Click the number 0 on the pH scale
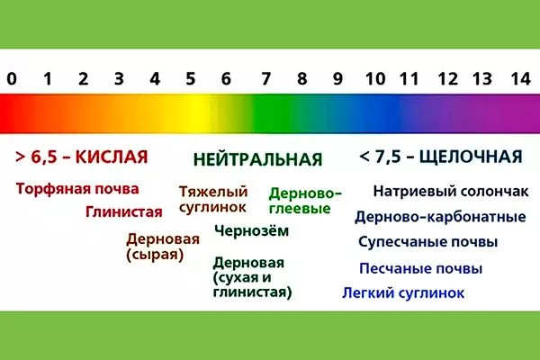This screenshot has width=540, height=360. pyautogui.click(x=11, y=77)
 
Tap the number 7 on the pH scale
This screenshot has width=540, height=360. pyautogui.click(x=264, y=77)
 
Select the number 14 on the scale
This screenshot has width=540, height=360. pyautogui.click(x=517, y=77)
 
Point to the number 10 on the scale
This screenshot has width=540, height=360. pyautogui.click(x=375, y=77)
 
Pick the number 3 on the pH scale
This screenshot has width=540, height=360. pyautogui.click(x=119, y=77)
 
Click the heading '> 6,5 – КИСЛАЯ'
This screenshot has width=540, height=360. pyautogui.click(x=81, y=157)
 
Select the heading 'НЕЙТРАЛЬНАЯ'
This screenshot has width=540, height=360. pyautogui.click(x=257, y=159)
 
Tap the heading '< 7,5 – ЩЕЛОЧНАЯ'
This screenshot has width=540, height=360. pyautogui.click(x=440, y=157)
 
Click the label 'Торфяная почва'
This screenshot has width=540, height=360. pyautogui.click(x=77, y=189)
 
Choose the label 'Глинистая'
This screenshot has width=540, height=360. pyautogui.click(x=123, y=212)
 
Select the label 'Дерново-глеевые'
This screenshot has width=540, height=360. pyautogui.click(x=306, y=200)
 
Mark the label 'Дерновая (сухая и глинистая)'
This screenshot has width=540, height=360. pyautogui.click(x=251, y=278)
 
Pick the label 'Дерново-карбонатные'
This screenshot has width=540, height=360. pyautogui.click(x=440, y=217)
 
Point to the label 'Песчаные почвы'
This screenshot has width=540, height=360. pyautogui.click(x=420, y=268)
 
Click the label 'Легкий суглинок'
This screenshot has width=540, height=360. pyautogui.click(x=403, y=292)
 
